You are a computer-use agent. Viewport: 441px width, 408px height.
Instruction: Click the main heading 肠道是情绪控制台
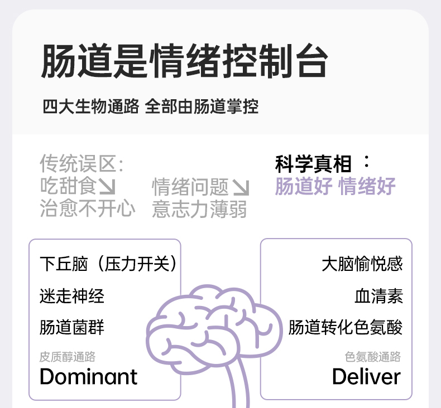point(184,61)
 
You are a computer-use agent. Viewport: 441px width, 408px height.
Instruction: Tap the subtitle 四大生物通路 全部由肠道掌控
point(150,106)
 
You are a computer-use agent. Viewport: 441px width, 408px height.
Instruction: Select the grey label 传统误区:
point(82,164)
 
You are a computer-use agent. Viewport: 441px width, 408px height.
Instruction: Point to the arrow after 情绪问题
point(241,187)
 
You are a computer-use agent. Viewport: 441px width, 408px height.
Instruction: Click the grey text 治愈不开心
point(88,208)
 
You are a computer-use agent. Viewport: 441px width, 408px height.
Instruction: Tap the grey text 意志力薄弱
point(199,209)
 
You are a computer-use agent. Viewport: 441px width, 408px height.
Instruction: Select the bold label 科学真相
point(314,164)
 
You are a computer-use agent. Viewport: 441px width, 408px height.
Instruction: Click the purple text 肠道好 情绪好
point(335,186)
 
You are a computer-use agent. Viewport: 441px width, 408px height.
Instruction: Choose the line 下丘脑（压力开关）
point(109,264)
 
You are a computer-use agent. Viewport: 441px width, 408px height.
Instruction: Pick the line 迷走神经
point(72,295)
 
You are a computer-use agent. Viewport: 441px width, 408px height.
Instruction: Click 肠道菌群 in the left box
point(72,327)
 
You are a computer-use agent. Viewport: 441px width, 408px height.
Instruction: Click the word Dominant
point(88,377)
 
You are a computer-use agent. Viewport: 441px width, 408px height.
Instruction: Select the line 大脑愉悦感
point(362,264)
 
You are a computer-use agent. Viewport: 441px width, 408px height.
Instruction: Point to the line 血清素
point(378,295)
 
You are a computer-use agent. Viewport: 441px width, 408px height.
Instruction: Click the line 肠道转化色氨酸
point(345,327)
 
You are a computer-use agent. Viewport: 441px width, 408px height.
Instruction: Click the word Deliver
point(366,377)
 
